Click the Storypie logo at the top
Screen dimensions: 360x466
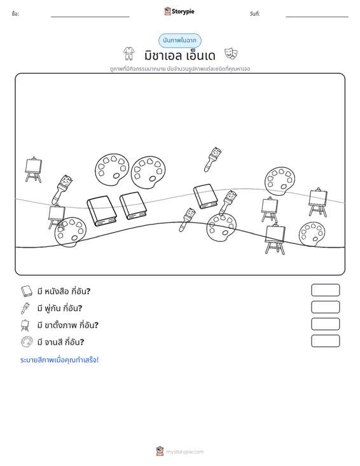coord(179,11)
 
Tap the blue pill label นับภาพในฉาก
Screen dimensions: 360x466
coord(179,41)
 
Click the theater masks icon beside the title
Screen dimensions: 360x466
coord(231,53)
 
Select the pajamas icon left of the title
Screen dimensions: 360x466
coord(128,53)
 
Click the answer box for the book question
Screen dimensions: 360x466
coord(325,290)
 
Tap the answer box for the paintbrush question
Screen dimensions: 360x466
coord(325,307)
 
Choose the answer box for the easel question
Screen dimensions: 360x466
coord(325,324)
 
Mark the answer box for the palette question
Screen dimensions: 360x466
coord(325,341)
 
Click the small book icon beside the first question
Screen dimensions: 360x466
coord(26,291)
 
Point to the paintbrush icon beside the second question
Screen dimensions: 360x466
coord(25,308)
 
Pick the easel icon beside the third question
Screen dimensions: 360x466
coord(25,325)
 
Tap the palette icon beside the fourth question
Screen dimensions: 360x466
coord(27,342)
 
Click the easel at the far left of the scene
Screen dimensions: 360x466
coord(33,169)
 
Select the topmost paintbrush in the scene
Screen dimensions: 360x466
coord(212,160)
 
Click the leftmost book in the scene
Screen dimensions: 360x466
coord(102,210)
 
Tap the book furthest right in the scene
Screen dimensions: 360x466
coord(205,196)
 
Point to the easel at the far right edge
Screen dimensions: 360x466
coord(318,202)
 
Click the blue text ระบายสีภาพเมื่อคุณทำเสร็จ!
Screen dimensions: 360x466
coord(59,360)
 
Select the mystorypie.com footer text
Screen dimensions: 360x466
coord(184,452)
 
